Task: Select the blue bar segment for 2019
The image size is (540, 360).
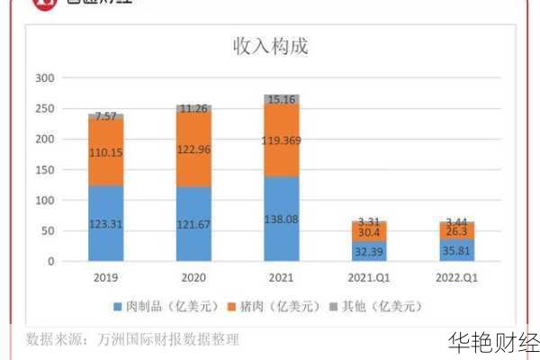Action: click(106, 223)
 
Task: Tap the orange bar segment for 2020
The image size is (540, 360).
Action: click(193, 148)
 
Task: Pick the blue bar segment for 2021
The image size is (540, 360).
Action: click(282, 219)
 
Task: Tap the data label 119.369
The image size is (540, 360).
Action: click(282, 140)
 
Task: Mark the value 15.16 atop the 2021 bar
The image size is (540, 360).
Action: click(282, 100)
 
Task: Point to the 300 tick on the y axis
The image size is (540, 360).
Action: click(46, 78)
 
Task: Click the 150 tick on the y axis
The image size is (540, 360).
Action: click(46, 170)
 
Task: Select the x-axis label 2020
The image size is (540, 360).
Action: click(193, 277)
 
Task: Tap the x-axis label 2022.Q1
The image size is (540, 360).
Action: click(456, 277)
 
